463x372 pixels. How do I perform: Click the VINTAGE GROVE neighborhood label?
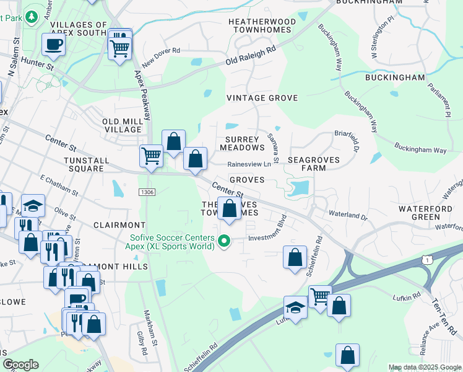coord(262,98)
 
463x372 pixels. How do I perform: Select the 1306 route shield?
coord(147,193)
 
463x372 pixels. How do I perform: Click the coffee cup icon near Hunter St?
coord(53,44)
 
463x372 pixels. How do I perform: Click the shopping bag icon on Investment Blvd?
coord(295,255)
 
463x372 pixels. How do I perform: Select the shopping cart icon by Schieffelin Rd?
coord(319,296)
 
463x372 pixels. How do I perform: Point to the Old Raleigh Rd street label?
coord(251,58)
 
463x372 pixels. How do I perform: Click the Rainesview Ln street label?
coord(249,164)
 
